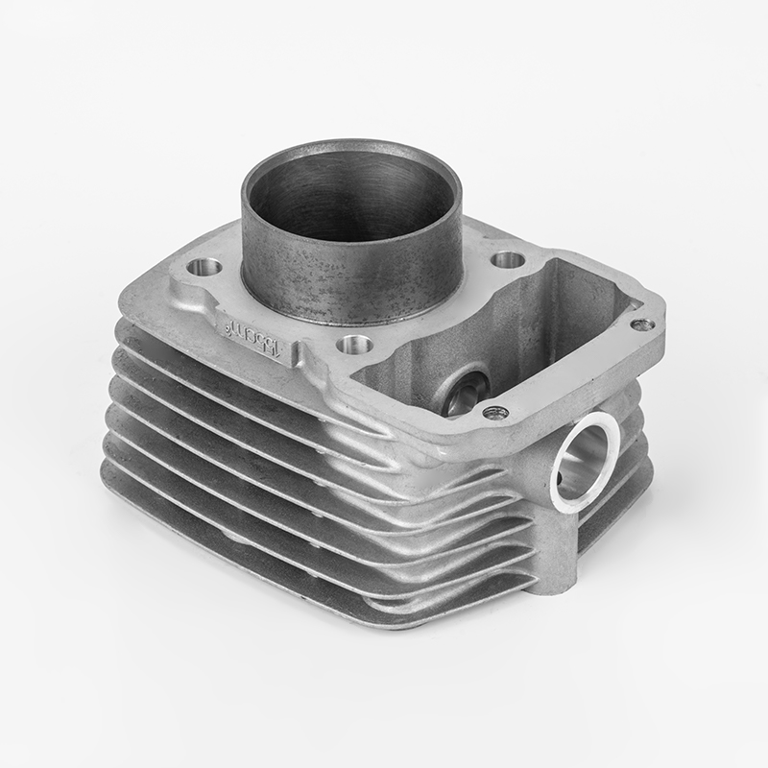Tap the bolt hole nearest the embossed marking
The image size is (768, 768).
(x=350, y=343)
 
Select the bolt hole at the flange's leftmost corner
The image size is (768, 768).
(x=204, y=267)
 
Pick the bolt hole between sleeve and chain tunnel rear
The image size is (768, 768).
(x=508, y=260)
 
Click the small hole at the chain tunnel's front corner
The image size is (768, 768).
(x=495, y=413)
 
